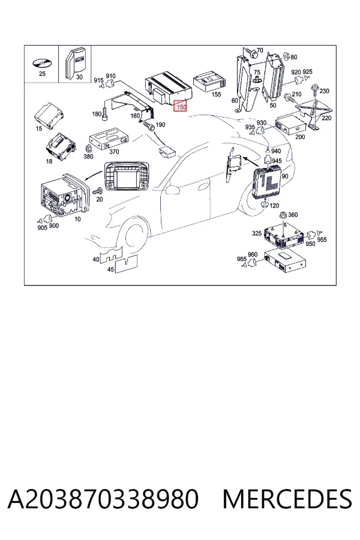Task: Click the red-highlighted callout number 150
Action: click(x=181, y=107)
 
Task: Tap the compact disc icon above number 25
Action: click(x=41, y=64)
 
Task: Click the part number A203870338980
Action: click(x=103, y=499)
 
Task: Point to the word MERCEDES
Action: click(x=287, y=499)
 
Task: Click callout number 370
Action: click(x=113, y=152)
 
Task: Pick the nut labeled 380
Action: click(x=88, y=148)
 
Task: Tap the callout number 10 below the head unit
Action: click(x=77, y=219)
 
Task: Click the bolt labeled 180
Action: click(x=106, y=112)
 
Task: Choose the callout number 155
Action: click(x=216, y=94)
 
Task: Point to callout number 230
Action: click(x=325, y=91)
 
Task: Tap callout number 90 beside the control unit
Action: click(x=285, y=176)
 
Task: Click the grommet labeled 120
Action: click(x=265, y=205)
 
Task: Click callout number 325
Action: click(x=257, y=233)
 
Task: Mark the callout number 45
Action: click(x=110, y=269)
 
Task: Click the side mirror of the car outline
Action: click(x=172, y=190)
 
